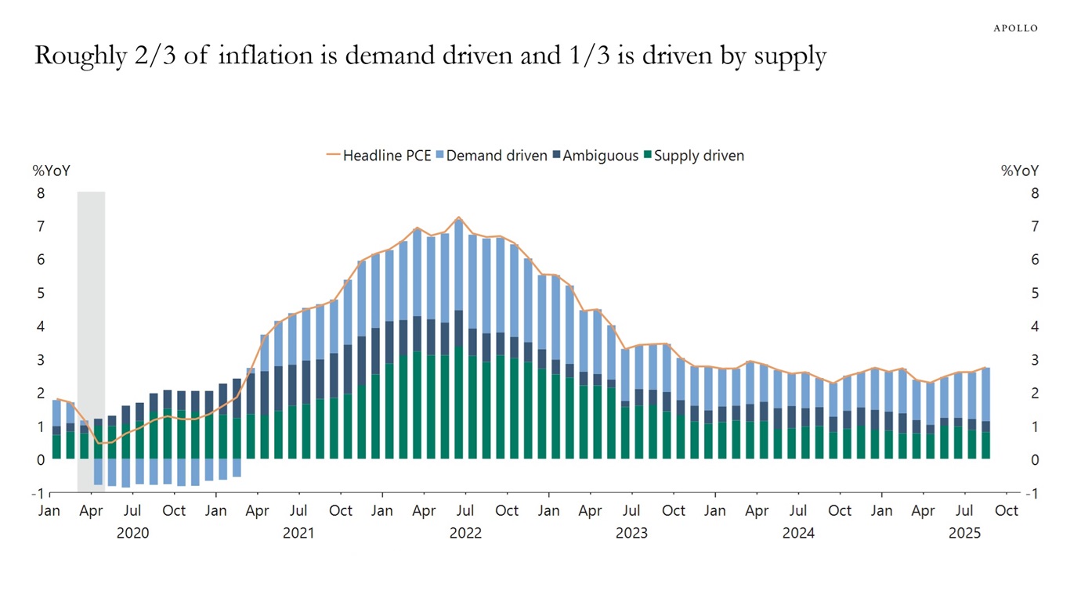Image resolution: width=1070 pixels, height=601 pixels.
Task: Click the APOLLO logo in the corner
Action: (1015, 28)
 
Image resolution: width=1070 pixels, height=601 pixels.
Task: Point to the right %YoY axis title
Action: (1020, 171)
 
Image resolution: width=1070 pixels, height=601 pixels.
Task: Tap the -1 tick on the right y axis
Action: (1032, 494)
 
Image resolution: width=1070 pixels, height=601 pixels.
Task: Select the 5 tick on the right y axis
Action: (1034, 293)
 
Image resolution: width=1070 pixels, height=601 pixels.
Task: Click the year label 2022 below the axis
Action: (465, 534)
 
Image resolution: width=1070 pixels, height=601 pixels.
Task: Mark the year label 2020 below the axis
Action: (132, 534)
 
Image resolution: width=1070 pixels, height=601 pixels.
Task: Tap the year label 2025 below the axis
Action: (964, 534)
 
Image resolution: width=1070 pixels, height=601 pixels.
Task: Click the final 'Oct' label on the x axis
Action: (1007, 511)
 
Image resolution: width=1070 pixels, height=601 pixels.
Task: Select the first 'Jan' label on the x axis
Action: (49, 511)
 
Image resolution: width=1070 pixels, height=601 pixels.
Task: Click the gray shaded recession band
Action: (91, 336)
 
